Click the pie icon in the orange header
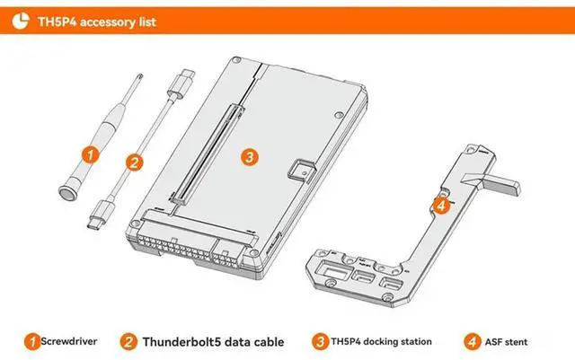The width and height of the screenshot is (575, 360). pos(21,21)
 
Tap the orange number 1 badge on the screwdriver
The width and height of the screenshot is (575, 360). pos(90,154)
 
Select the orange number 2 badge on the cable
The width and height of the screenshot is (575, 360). pos(134,162)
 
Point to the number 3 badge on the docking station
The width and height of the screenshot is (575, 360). pos(250,157)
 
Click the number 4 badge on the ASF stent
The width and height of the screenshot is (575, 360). pos(441,206)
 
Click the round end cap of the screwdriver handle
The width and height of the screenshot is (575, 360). pos(67,193)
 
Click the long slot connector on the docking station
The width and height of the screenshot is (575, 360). pos(206,154)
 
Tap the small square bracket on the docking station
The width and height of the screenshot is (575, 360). pos(302,170)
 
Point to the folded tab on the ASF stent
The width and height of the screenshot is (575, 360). pos(491,182)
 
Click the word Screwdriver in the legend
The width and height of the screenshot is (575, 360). pos(69,341)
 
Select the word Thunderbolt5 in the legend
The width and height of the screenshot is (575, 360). pos(181,342)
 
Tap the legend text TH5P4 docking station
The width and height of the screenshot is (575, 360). pos(381,342)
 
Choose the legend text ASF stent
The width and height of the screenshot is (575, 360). pos(506,342)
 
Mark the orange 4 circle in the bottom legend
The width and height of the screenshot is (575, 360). pos(473,342)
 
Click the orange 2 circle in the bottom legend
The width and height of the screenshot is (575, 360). pos(128,342)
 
